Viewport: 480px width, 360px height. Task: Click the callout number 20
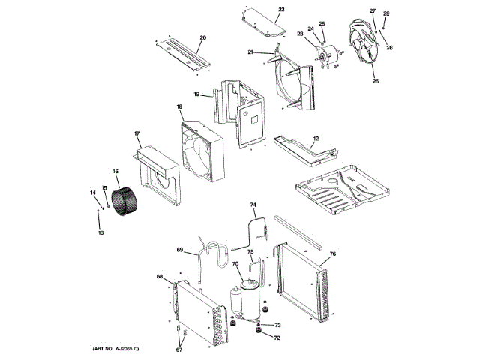pos(203,38)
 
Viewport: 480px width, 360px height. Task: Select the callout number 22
pos(281,10)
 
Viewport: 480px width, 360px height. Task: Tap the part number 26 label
pos(376,81)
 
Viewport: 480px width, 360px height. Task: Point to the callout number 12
pos(316,139)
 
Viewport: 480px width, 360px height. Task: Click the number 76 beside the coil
pos(333,253)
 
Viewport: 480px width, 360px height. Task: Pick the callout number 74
pos(253,205)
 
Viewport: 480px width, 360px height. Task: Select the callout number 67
pos(179,349)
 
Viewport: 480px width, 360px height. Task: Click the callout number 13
pos(101,232)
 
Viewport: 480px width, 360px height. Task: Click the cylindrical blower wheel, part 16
pos(124,202)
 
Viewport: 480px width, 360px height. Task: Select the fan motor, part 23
pos(328,55)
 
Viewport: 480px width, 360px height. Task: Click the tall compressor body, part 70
pos(250,300)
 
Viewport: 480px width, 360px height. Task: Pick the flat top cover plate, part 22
pos(264,22)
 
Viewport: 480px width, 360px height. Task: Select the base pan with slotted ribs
pos(342,190)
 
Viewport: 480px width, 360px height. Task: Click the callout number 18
pos(179,106)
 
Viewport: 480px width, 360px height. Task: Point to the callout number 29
pos(386,13)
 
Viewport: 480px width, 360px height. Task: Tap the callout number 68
pos(160,277)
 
